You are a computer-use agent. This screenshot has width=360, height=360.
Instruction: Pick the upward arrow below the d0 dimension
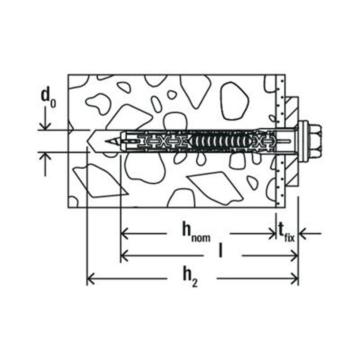[x=45, y=159]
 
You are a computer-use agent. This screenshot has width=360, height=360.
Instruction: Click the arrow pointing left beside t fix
[x=305, y=232]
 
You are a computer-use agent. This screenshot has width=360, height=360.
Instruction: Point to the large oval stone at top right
[x=235, y=101]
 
